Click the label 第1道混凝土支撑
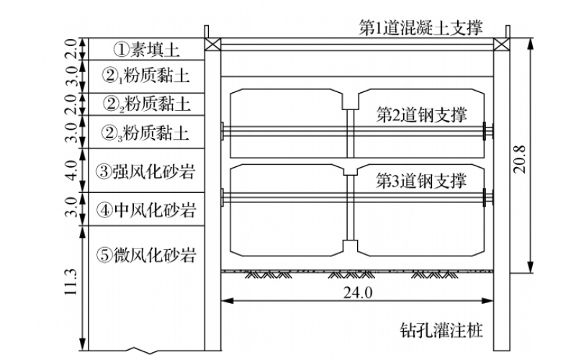pyautogui.click(x=421, y=27)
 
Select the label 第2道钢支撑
pyautogui.click(x=422, y=114)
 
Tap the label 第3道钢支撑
pyautogui.click(x=422, y=180)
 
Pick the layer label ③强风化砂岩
pyautogui.click(x=148, y=171)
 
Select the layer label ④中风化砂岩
pyautogui.click(x=148, y=210)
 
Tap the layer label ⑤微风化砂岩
pyautogui.click(x=148, y=254)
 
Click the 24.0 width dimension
pyautogui.click(x=358, y=293)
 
